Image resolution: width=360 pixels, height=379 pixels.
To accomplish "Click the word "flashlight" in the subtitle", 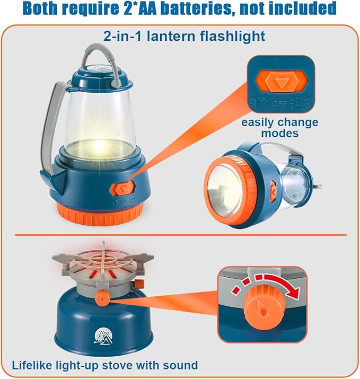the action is pos(233,37).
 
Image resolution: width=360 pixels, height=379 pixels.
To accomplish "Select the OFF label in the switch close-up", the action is pos(279,103).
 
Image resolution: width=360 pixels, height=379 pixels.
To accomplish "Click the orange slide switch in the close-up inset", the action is pos(281,82).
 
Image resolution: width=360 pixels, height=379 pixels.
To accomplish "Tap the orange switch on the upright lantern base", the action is pos(122,188).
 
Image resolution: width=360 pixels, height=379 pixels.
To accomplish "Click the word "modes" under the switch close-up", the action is pos(279,133).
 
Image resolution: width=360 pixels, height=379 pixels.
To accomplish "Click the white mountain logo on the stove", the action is pos(103,336).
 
